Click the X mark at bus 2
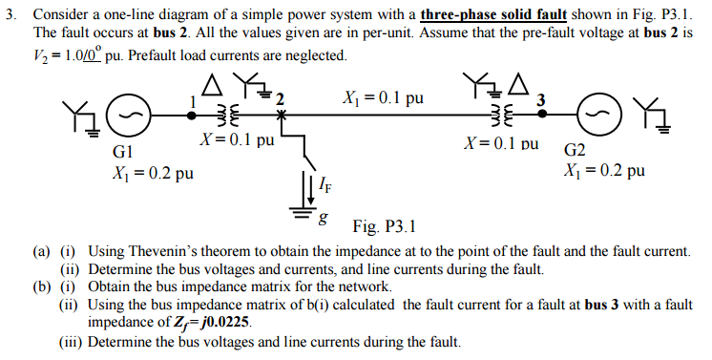(x=281, y=113)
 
